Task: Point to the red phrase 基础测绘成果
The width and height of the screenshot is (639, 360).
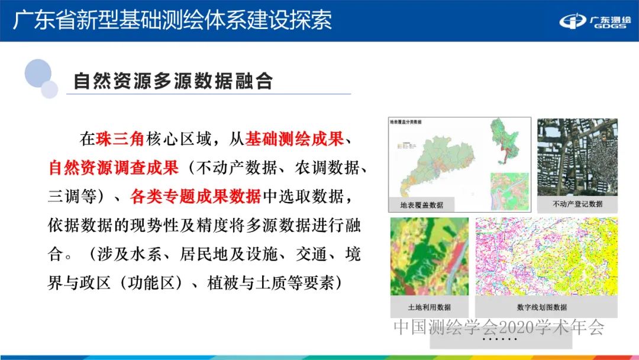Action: point(295,139)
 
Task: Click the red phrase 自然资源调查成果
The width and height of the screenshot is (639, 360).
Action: point(113,168)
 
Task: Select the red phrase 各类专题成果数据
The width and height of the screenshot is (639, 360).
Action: point(196,196)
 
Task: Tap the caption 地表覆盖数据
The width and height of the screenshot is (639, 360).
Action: point(422,205)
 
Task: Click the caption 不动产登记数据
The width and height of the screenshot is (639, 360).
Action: point(577,204)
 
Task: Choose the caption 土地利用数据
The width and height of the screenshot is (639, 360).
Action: point(429,307)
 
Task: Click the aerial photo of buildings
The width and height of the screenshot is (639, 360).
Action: point(577,156)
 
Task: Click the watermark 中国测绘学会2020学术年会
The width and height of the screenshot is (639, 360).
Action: point(499,327)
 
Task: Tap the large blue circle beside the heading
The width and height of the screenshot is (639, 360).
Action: point(38,73)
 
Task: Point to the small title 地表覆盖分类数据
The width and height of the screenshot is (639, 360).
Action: point(406,121)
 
